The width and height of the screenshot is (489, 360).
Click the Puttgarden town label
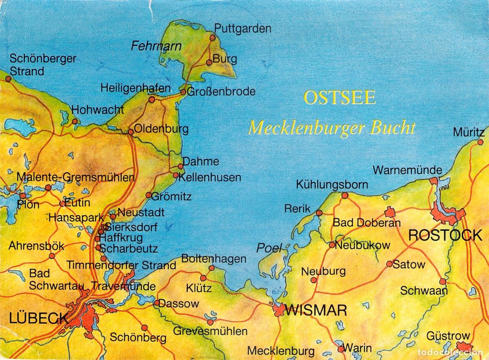click(x=242, y=29)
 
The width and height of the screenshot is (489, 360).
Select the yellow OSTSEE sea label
click(x=339, y=98)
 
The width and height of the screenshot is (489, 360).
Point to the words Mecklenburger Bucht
click(x=332, y=128)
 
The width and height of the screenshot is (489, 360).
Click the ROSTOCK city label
click(x=445, y=235)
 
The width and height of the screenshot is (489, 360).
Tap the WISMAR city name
click(x=316, y=310)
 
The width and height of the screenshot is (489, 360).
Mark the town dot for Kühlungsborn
click(x=345, y=195)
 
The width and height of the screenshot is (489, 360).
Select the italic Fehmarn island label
click(x=156, y=46)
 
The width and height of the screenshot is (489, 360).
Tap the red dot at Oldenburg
click(x=131, y=132)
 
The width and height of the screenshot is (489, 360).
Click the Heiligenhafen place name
click(x=135, y=88)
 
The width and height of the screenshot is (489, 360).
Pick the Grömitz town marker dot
click(x=149, y=195)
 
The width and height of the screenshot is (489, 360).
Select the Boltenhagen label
click(x=214, y=259)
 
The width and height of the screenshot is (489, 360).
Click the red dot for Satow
click(x=390, y=264)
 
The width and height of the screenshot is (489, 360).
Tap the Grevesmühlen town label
click(x=210, y=331)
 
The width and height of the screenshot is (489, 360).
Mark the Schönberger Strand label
click(x=43, y=65)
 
